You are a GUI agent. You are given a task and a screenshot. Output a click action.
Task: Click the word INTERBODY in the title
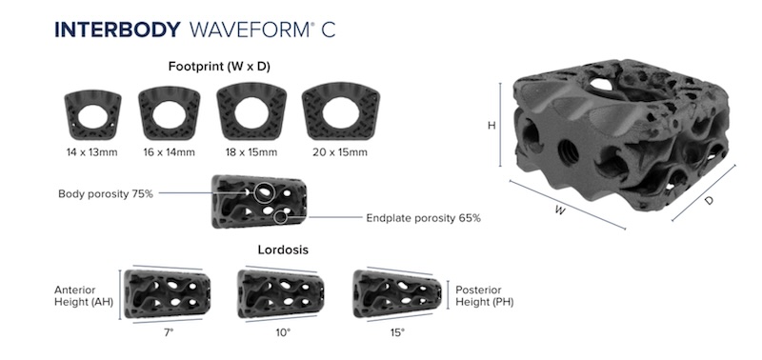117,30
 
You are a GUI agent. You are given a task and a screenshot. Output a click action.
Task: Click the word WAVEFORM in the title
250,30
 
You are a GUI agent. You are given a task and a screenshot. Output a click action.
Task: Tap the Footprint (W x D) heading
219,67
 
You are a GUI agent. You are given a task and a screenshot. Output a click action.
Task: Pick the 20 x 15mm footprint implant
341,112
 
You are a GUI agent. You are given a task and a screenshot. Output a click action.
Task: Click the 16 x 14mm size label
170,152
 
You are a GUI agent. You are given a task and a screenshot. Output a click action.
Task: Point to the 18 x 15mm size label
251,152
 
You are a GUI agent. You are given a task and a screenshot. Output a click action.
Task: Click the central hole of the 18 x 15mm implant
251,112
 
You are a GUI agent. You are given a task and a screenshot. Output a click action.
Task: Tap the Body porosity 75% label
106,194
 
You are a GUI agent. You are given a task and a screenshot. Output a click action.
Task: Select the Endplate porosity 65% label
423,218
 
